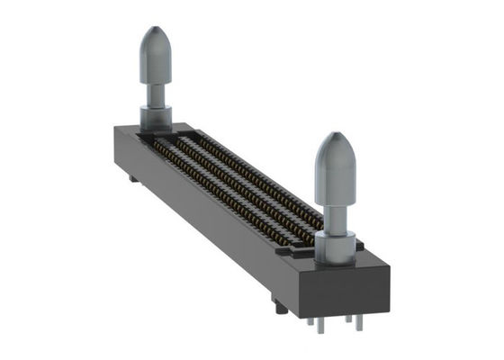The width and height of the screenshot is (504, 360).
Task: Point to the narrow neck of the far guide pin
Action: pos(156,94)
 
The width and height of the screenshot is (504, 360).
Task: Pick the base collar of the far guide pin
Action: pos(156,117)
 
